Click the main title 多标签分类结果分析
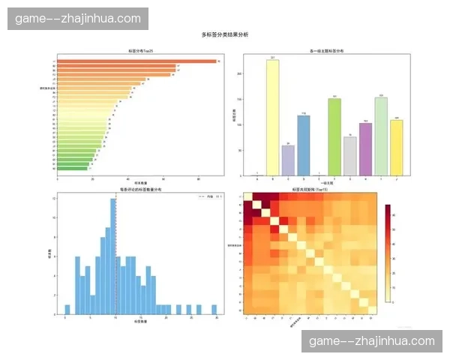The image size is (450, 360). point(225,34)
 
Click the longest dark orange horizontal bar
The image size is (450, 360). point(135,61)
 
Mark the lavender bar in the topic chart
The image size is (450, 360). point(288,160)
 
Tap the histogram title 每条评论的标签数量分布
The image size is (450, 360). point(140,190)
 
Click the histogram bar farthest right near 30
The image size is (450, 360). point(217,308)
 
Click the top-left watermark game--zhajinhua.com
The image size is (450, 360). point(78,18)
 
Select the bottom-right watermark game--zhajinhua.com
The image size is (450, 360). point(372,341)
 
